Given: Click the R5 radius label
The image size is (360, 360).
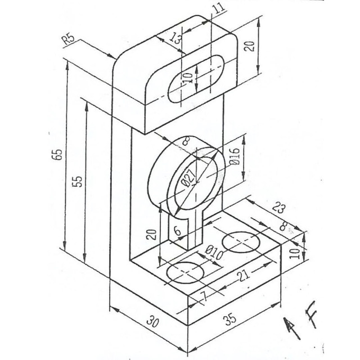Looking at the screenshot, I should tap(69, 40).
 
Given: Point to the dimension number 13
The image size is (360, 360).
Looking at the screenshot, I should tap(175, 39).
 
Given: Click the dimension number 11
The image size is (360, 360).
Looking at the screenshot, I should tap(219, 7).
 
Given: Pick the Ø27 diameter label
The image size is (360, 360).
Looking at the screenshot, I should tap(188, 179).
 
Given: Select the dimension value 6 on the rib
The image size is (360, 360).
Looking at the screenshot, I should tap(177, 230).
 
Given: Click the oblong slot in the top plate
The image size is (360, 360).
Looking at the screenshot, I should tap(196, 78).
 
